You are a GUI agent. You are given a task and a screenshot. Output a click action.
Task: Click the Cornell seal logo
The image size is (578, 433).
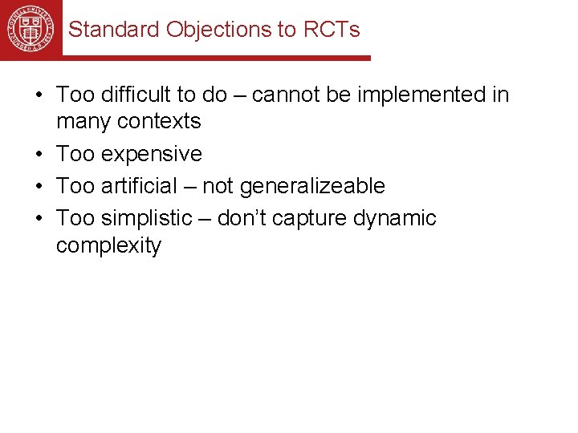pyautogui.click(x=31, y=28)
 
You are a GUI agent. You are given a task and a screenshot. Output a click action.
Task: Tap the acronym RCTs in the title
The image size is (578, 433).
pyautogui.click(x=332, y=30)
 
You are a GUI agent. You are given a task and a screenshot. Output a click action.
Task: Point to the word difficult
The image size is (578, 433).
pyautogui.click(x=136, y=95)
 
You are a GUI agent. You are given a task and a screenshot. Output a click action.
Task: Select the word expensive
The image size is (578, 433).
pyautogui.click(x=152, y=153)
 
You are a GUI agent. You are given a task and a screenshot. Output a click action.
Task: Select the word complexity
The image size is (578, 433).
pyautogui.click(x=108, y=245)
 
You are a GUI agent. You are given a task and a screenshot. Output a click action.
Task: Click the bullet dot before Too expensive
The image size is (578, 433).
pyautogui.click(x=39, y=154)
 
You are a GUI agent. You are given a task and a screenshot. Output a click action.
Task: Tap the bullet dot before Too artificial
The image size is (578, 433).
pyautogui.click(x=39, y=187)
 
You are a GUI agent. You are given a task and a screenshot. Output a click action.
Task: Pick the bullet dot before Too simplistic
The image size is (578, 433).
pyautogui.click(x=39, y=219)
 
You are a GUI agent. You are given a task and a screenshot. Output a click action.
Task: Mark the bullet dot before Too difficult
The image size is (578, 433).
pyautogui.click(x=39, y=95)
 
